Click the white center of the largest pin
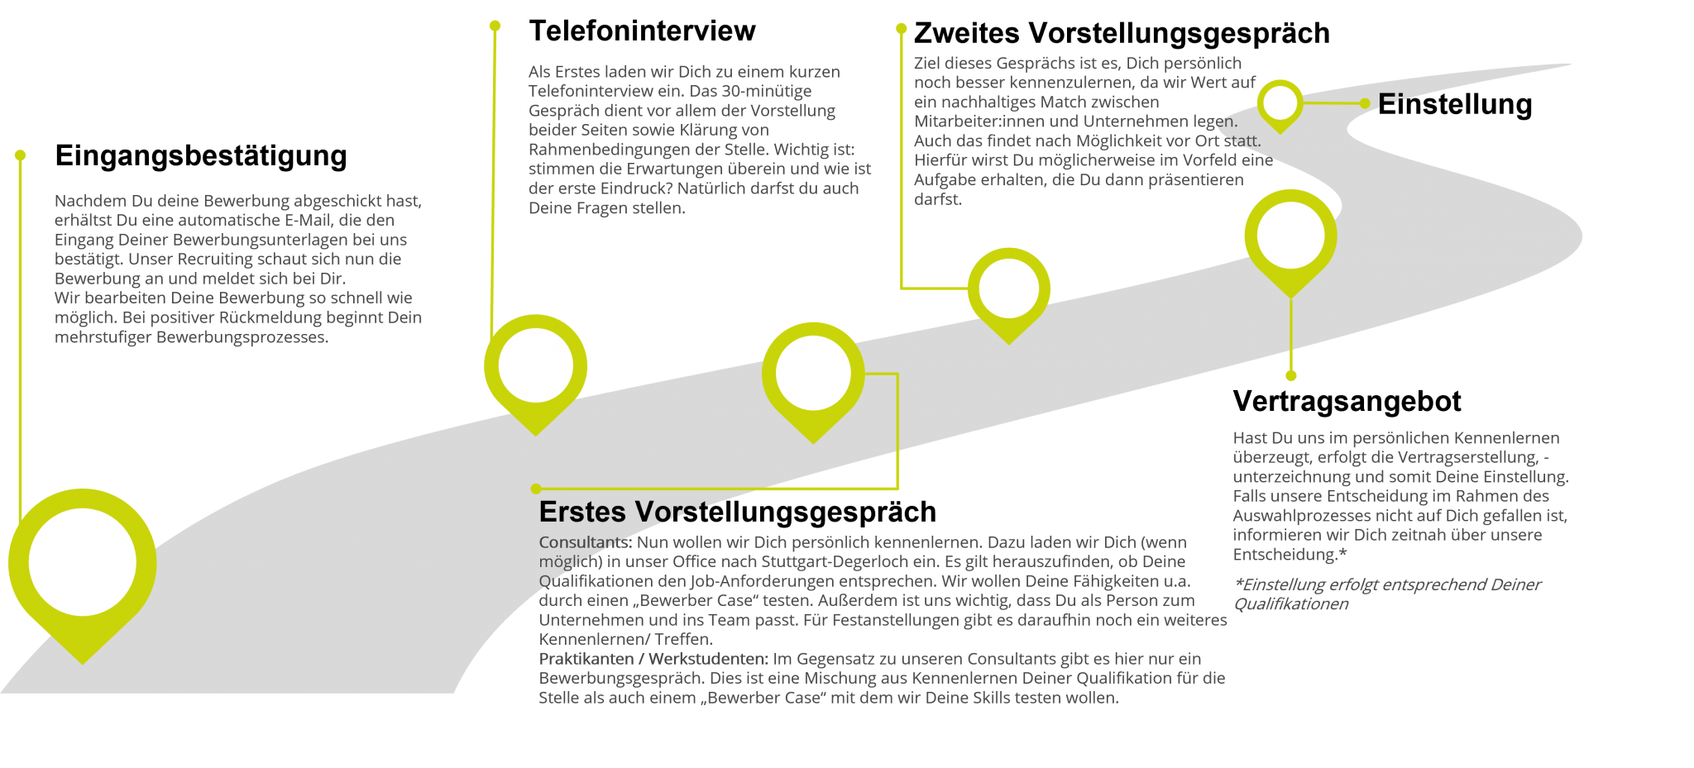[x=82, y=561]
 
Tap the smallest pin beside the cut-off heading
[x=1280, y=103]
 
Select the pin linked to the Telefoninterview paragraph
[x=535, y=366]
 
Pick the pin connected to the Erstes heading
[x=813, y=374]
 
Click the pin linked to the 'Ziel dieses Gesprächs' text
[x=1008, y=289]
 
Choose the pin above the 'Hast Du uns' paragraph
[x=1290, y=236]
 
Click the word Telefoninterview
[x=591, y=91]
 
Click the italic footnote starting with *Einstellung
[x=1387, y=594]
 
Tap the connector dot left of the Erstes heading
[x=536, y=489]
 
